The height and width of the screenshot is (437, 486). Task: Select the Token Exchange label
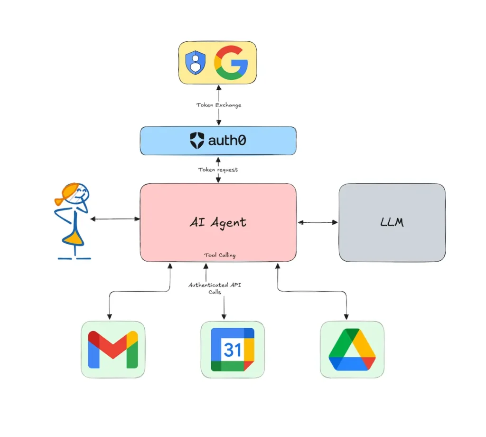click(219, 105)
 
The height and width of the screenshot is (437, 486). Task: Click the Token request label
click(218, 169)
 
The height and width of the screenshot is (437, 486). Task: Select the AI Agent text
click(218, 222)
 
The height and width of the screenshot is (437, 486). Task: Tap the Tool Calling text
click(220, 255)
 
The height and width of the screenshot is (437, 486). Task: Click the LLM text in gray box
click(392, 222)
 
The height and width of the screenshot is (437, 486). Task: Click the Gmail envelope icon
click(113, 350)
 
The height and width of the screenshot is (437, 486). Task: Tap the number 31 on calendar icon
click(232, 350)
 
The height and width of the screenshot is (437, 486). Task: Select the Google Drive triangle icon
click(352, 350)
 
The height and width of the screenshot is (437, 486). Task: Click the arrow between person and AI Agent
click(115, 219)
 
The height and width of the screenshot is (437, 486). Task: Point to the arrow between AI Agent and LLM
click(318, 222)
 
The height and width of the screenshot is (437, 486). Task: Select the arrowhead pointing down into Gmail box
click(110, 317)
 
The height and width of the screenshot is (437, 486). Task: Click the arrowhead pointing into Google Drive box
click(346, 317)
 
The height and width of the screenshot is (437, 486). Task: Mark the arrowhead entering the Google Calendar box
click(224, 317)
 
